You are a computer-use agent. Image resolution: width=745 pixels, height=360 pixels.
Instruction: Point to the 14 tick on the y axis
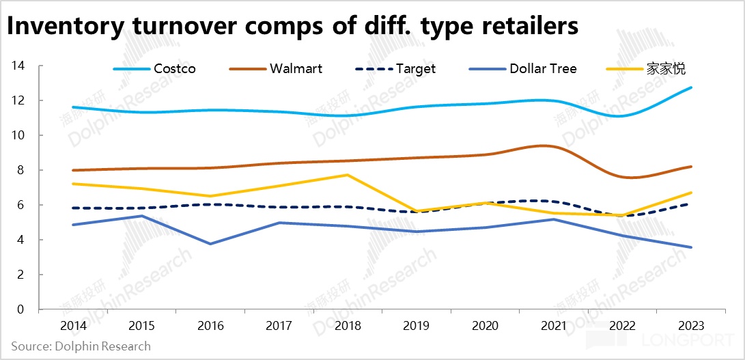point(18,66)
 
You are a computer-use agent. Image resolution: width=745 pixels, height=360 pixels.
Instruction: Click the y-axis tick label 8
point(20,170)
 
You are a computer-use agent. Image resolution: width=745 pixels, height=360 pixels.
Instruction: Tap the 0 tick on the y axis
point(20,309)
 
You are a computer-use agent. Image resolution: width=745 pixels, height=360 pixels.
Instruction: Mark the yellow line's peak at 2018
point(348,175)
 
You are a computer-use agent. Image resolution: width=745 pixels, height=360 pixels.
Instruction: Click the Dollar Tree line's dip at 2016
point(210,244)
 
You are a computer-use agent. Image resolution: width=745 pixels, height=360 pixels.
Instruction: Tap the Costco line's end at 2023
point(692,87)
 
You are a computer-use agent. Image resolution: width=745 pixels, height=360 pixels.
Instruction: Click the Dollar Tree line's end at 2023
point(692,247)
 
